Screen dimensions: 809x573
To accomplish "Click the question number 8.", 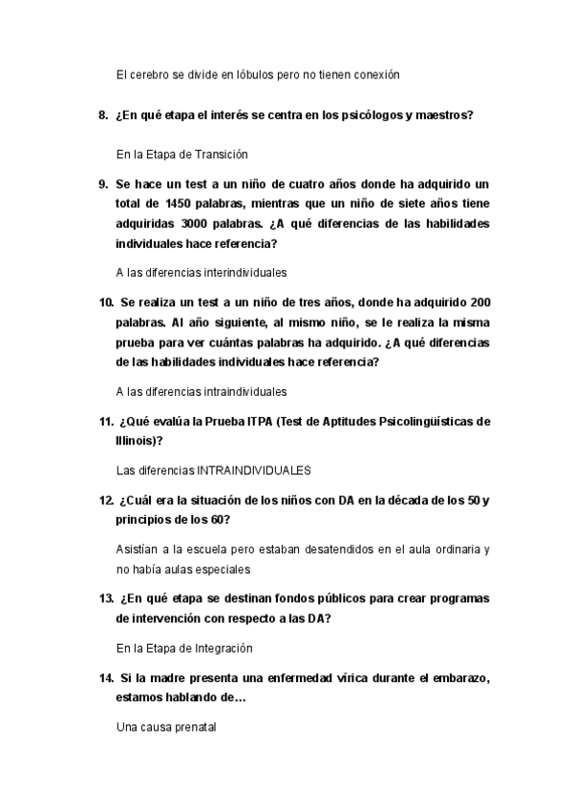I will pos(103,116).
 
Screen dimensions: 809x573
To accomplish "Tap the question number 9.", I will pos(103,183).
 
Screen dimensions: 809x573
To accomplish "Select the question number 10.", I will pos(106,302).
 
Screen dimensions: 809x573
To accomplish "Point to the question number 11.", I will pos(106,422).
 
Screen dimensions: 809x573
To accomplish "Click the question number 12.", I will pos(106,501).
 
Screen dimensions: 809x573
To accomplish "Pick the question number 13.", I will pos(106,599).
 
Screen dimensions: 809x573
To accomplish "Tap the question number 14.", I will pos(106,678).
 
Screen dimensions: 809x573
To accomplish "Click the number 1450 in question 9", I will pos(180,203).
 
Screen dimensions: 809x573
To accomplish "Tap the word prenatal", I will pos(196,728).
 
